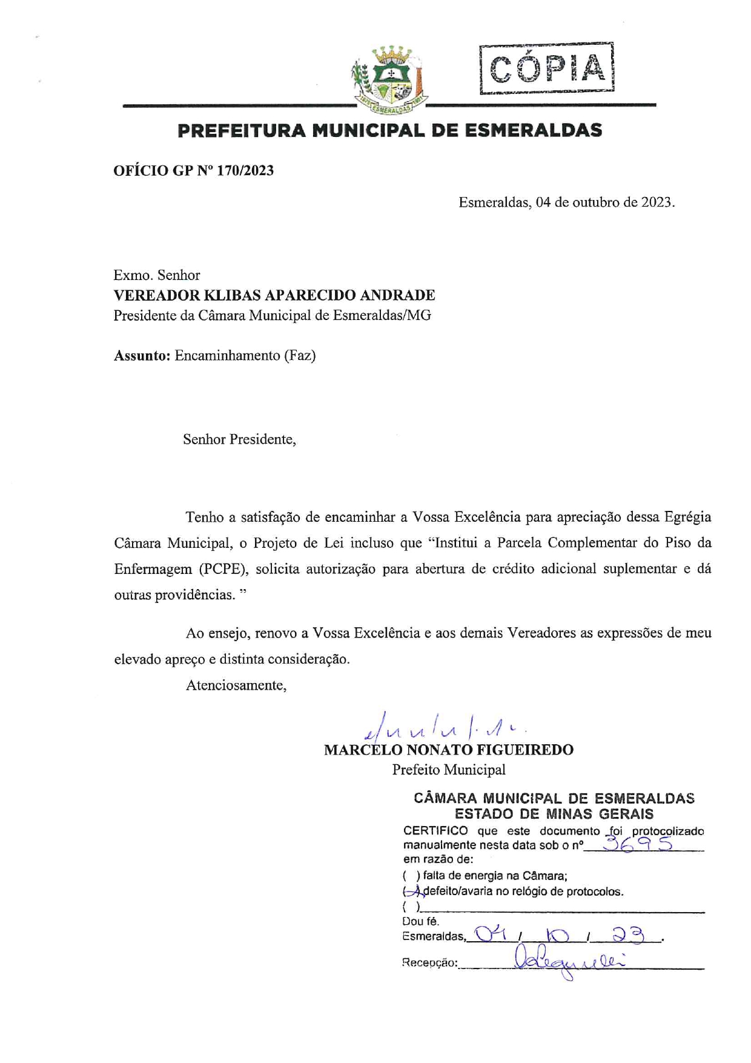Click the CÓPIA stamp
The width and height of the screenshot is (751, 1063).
tap(547, 68)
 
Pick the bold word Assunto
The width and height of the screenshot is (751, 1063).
tap(142, 356)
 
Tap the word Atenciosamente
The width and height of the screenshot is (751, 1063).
tap(236, 685)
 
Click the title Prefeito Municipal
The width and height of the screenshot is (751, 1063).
tap(448, 770)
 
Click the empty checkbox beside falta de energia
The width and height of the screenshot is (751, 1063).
tap(410, 876)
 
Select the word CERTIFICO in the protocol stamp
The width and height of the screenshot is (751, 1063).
tap(435, 831)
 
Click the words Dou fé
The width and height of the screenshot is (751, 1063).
tap(420, 922)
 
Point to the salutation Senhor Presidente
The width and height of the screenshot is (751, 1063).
tap(239, 439)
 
